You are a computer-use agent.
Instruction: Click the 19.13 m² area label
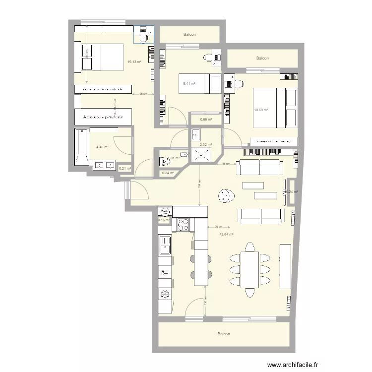point(134,62)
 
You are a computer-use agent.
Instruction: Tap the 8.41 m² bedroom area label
point(189,83)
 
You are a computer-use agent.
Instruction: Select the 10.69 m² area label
point(261,110)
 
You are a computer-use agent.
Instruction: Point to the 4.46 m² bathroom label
point(103,147)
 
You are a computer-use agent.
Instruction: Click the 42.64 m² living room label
point(226,235)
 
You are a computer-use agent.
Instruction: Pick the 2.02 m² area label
point(205,145)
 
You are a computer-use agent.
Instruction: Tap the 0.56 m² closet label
point(206,119)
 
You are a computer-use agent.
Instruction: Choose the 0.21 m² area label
point(125,168)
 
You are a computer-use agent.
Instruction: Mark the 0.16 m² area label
point(164,220)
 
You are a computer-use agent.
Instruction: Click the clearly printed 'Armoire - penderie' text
point(103,118)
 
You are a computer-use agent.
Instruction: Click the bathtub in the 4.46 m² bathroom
point(81,146)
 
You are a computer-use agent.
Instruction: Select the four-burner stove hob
point(183,224)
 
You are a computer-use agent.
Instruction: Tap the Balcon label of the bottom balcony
point(224,334)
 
